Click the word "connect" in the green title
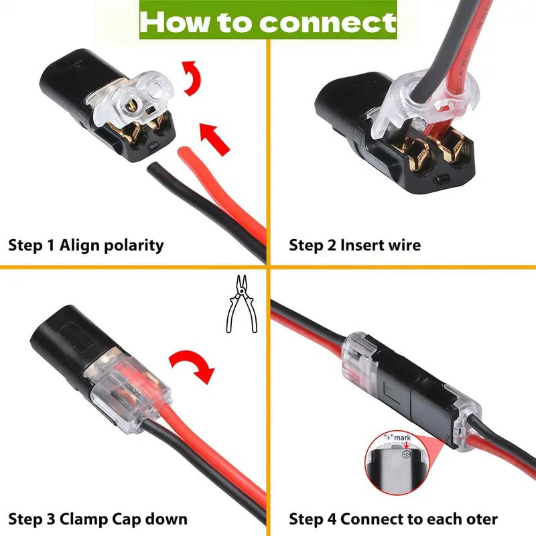328,23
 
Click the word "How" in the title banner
172,21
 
